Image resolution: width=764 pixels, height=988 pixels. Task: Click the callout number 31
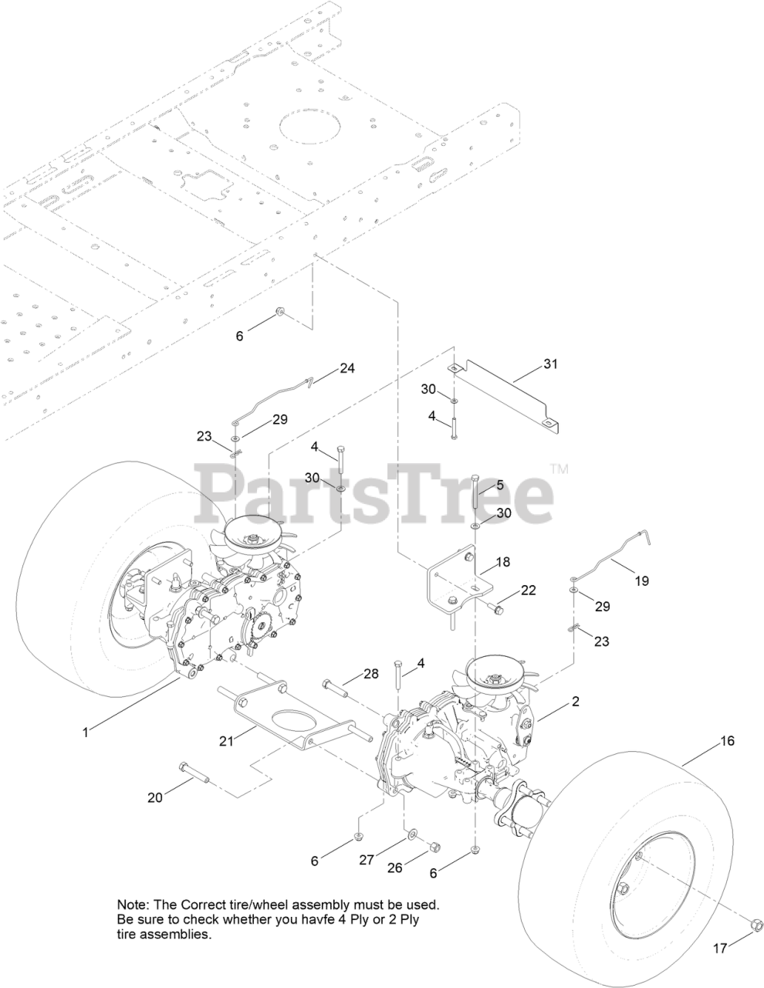pos(549,364)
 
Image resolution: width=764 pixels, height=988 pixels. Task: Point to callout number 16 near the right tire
pos(727,741)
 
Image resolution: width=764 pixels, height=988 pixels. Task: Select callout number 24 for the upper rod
pos(347,368)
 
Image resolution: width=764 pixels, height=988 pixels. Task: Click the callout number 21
pos(225,741)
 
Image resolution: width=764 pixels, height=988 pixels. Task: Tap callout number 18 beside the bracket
pos(502,563)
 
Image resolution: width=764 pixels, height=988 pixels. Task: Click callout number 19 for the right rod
pos(641,580)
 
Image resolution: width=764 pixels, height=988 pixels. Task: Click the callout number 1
pos(86,732)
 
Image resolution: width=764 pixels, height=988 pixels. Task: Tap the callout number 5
pos(499,485)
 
